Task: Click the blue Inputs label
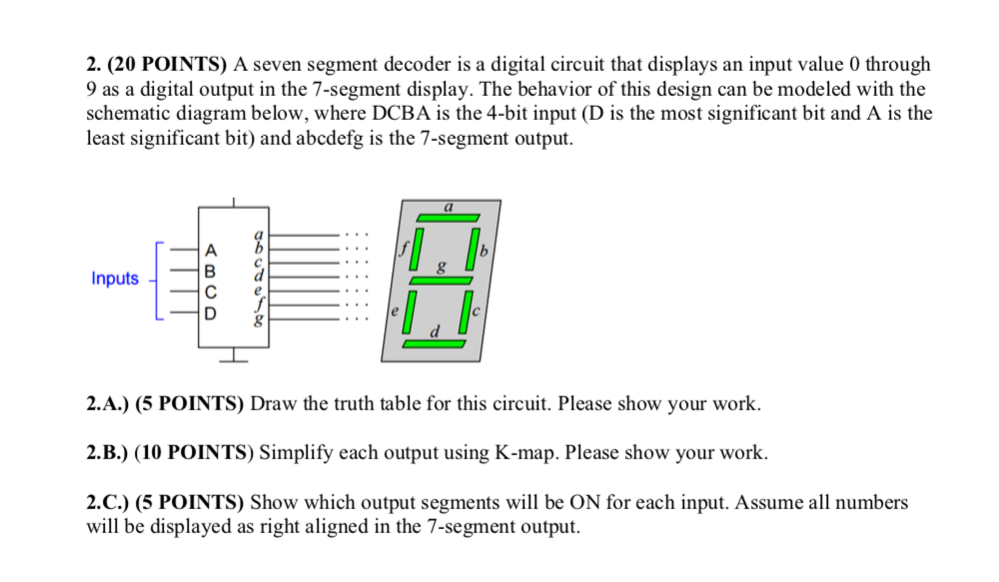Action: tap(115, 279)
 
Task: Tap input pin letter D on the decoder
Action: tap(210, 313)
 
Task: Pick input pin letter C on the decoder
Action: tap(210, 292)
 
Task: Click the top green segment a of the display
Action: tap(449, 217)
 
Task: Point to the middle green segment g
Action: tap(443, 280)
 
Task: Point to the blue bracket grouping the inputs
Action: tap(156, 279)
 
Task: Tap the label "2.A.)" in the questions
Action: tap(108, 404)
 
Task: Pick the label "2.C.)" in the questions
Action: tap(108, 502)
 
